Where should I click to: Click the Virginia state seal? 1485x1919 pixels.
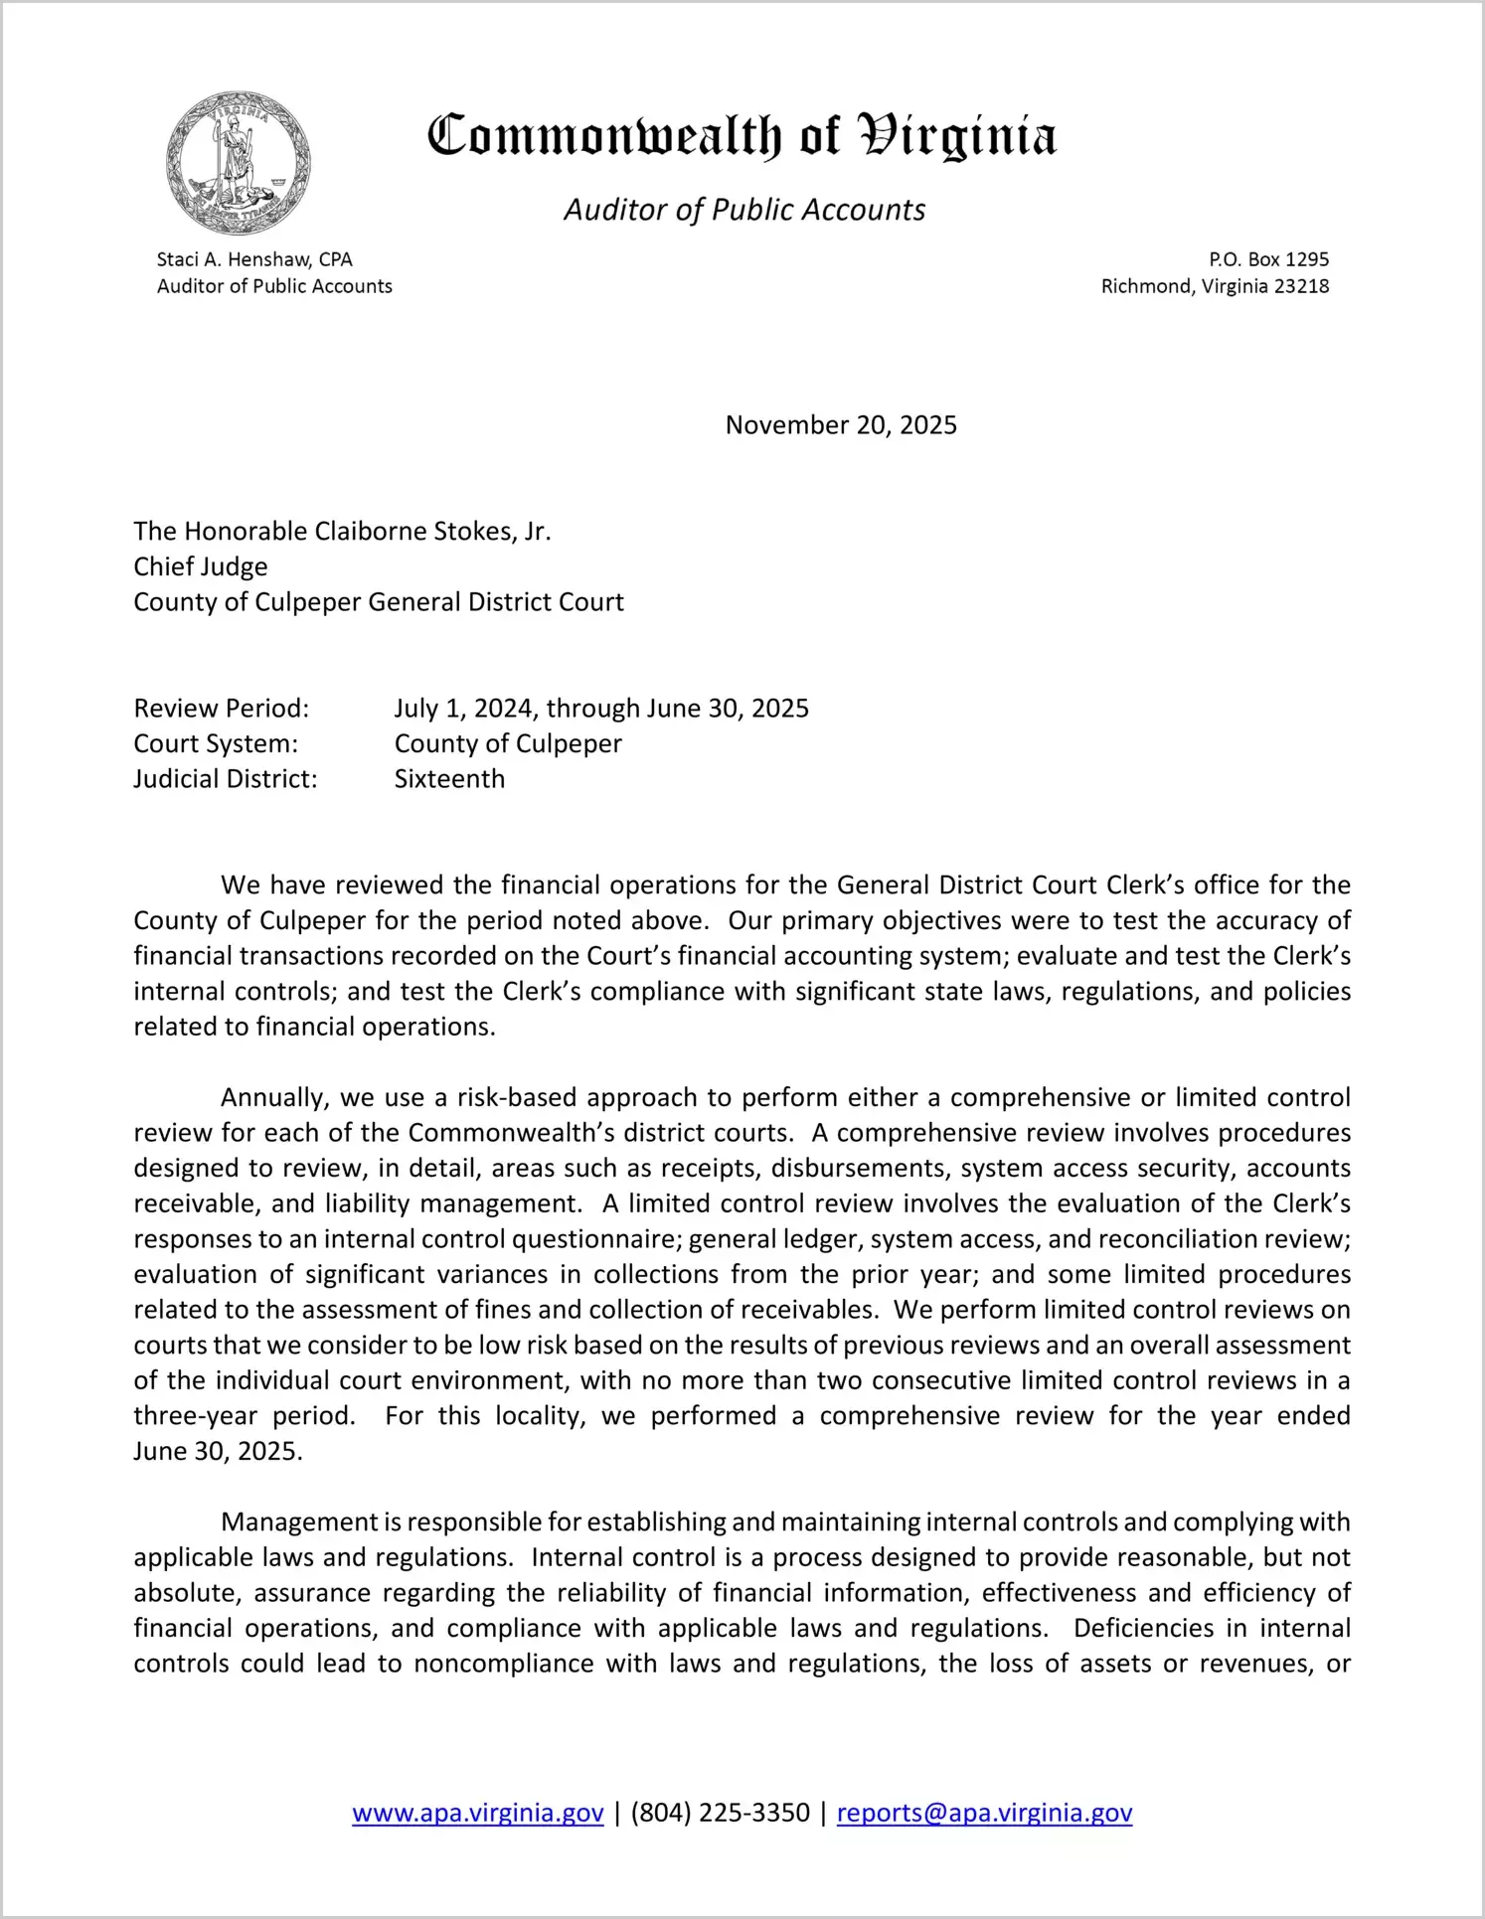239,163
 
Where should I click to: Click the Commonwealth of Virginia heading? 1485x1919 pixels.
742,136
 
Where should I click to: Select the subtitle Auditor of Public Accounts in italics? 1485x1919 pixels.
744,210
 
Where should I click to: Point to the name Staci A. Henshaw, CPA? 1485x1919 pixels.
254,259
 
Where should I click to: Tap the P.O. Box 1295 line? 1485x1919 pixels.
1268,259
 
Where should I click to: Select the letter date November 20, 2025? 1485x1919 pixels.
841,425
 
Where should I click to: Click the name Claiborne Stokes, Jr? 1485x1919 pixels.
432,532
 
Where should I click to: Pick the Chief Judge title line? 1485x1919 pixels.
201,566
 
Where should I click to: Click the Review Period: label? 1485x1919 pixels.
222,709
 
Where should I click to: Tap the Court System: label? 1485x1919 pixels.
216,743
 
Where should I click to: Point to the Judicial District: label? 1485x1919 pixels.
226,779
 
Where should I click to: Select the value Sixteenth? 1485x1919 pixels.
449,779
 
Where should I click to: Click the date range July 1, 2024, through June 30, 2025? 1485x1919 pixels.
601,709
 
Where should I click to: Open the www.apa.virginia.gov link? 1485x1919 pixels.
478,1813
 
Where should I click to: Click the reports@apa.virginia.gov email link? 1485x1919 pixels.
984,1813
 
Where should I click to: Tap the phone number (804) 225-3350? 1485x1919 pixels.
720,1813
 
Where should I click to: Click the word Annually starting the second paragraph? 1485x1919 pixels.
274,1098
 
